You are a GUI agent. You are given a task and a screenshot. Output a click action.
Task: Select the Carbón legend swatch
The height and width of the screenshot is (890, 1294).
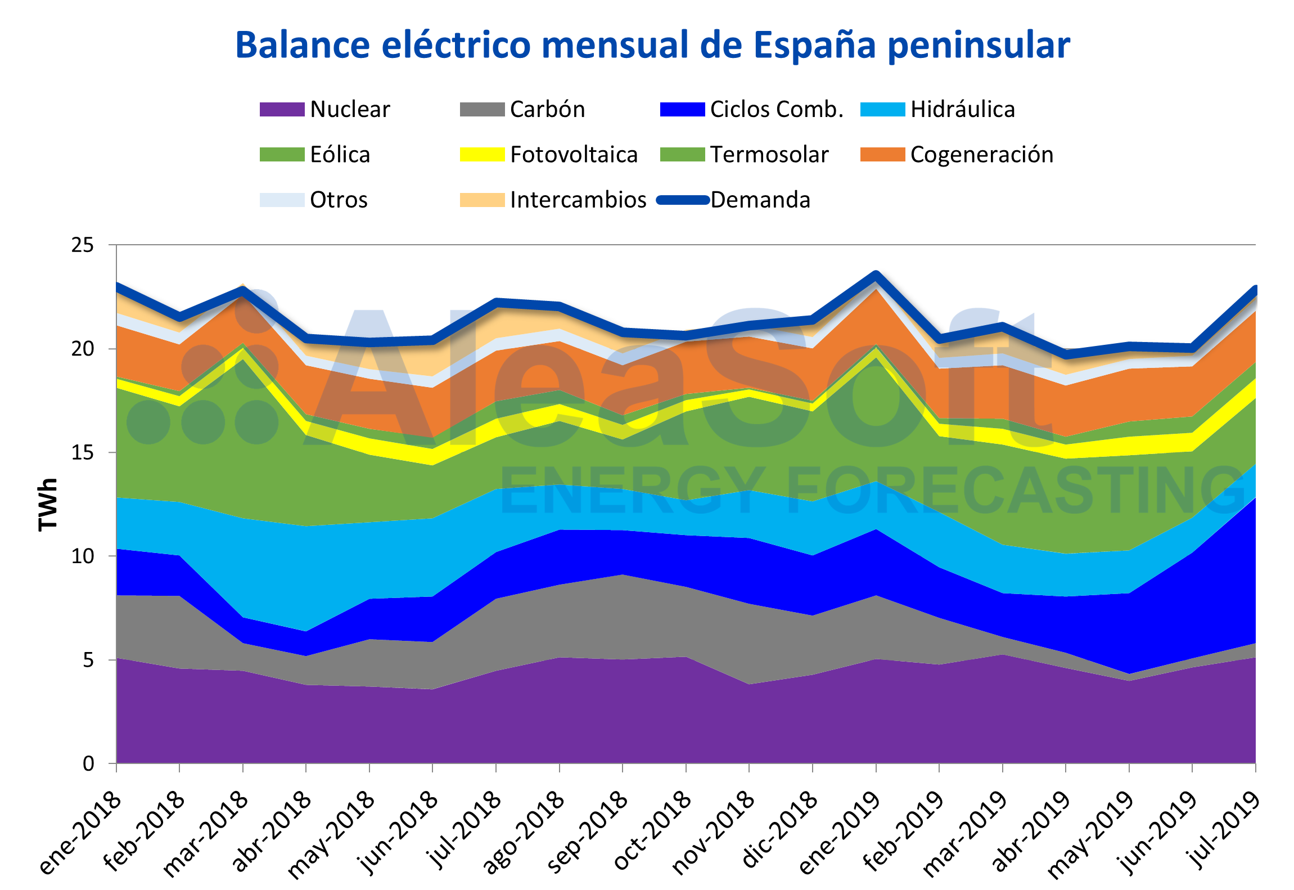pyautogui.click(x=482, y=109)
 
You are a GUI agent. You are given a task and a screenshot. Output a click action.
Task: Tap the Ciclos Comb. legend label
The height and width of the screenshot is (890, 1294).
pyautogui.click(x=776, y=109)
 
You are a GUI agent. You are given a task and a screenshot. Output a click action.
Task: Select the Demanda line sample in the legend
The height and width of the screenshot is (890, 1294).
pyautogui.click(x=683, y=200)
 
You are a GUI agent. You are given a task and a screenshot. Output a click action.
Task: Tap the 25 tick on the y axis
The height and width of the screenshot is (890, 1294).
pyautogui.click(x=83, y=245)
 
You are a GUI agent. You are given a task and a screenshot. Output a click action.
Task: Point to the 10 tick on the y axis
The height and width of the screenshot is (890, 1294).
pyautogui.click(x=83, y=556)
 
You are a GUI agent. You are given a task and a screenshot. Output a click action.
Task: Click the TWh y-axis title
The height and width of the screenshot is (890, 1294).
pyautogui.click(x=48, y=504)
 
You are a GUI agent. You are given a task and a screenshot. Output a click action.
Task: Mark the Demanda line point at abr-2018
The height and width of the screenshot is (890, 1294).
pyautogui.click(x=306, y=339)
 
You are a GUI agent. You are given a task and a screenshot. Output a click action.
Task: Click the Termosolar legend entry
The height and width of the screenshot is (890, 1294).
pyautogui.click(x=769, y=155)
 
